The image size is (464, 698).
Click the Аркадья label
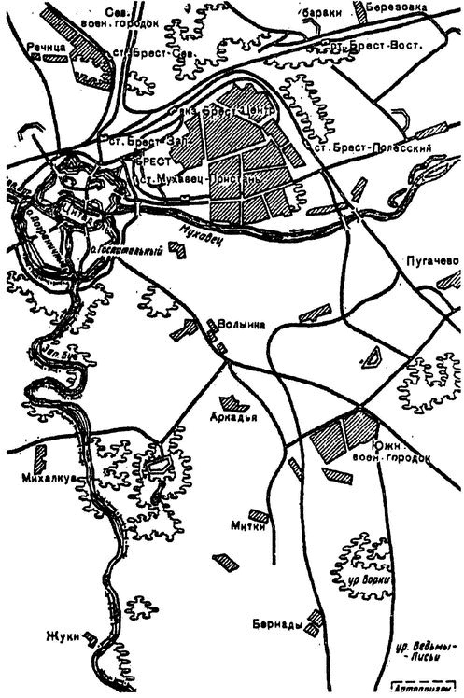coord(234,416)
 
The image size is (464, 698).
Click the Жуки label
coord(60,638)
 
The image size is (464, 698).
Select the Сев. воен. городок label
coord(120,17)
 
